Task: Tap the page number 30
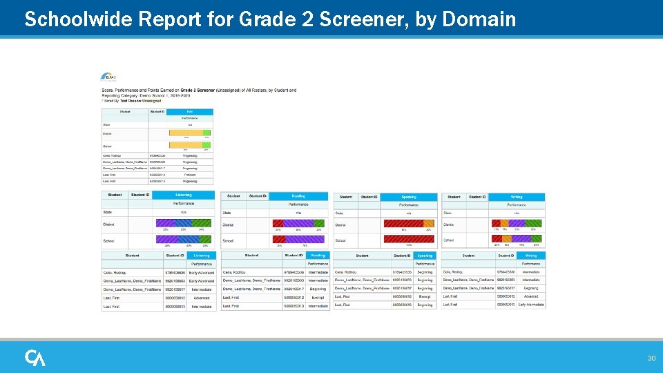pos(651,358)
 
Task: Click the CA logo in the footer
pos(35,357)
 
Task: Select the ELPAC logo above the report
pos(109,77)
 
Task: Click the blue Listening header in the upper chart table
pos(184,196)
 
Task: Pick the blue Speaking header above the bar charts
pos(408,197)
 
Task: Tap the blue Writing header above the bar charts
pos(517,197)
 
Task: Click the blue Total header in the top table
pos(190,111)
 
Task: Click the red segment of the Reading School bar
pos(279,240)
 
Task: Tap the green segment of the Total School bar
pos(206,145)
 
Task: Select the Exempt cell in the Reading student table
pos(318,296)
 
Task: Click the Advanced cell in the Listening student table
pos(202,297)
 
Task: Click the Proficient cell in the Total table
pos(189,175)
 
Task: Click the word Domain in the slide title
pos(479,19)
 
